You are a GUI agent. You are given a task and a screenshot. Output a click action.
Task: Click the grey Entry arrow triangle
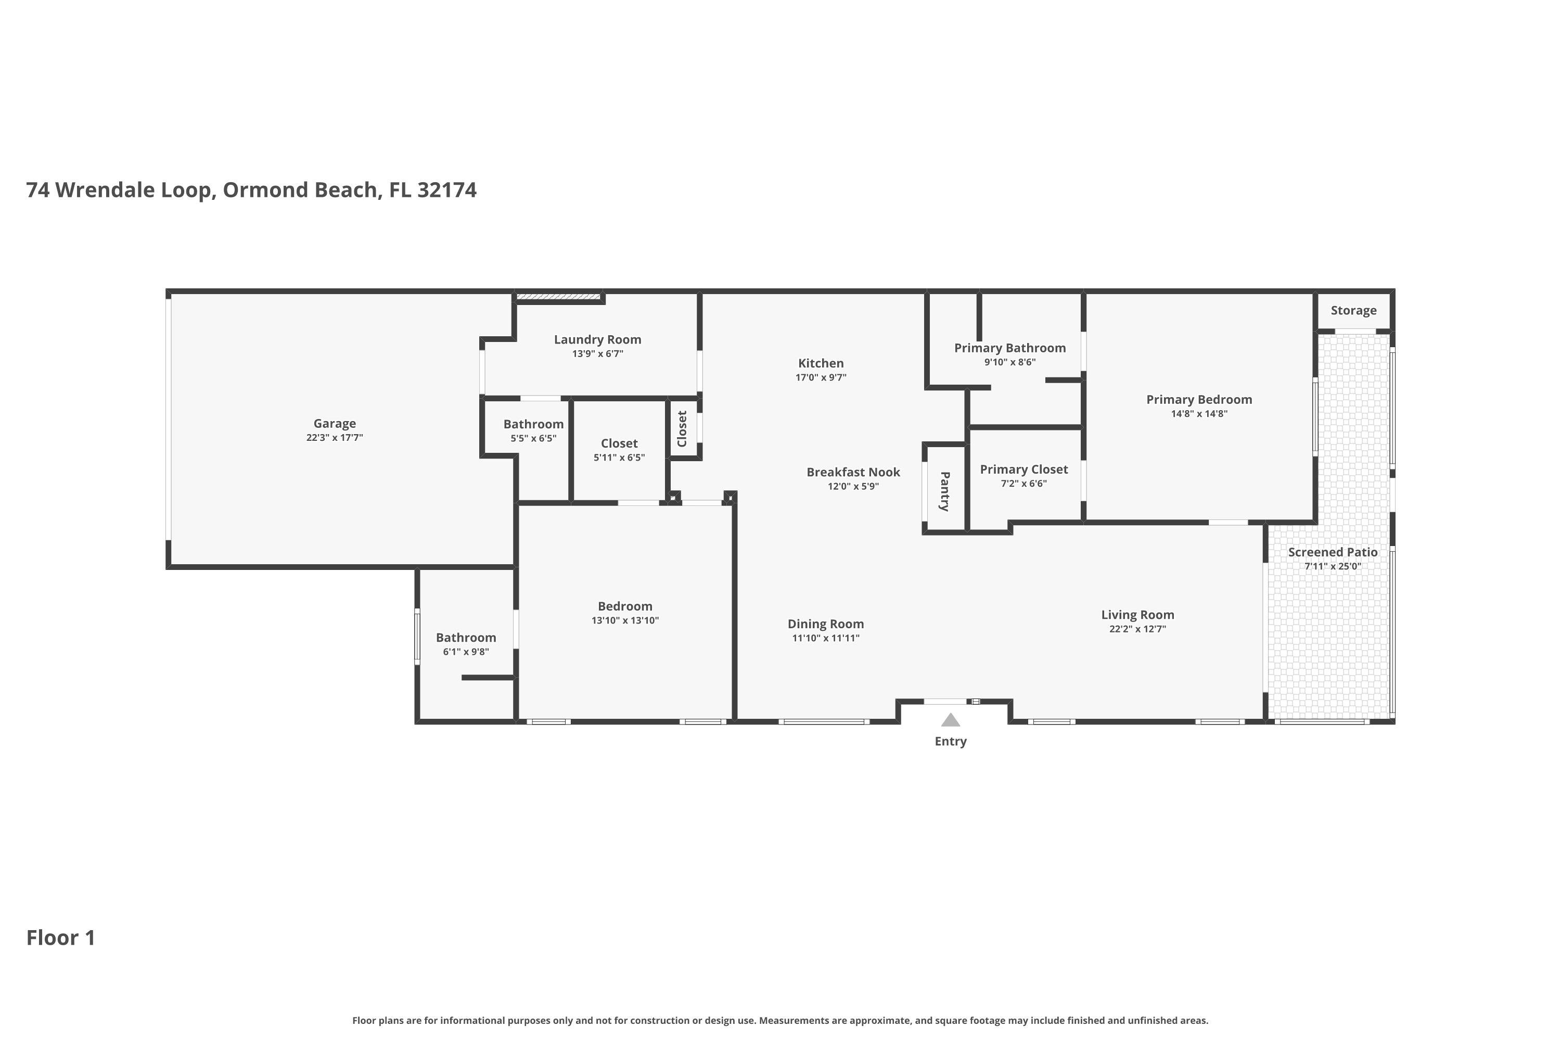pos(951,720)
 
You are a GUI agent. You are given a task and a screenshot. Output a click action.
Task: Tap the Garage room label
pos(335,424)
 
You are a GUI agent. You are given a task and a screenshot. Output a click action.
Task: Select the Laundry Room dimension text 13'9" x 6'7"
pos(597,354)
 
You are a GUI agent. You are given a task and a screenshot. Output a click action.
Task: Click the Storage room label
pos(1353,311)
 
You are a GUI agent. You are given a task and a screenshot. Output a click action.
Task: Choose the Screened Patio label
pos(1333,552)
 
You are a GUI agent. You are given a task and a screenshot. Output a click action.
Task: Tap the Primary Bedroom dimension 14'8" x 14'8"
pos(1199,414)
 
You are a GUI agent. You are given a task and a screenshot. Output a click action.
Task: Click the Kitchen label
pos(821,363)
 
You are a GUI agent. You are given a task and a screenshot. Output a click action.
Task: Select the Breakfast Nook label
pos(853,472)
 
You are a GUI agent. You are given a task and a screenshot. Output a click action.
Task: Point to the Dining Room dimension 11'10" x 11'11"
pos(826,638)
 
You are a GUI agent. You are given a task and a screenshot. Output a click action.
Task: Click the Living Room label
pos(1137,615)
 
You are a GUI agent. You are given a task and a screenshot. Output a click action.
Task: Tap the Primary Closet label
pos(1023,469)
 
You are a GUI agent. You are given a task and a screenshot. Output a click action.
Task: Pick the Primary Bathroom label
pos(1009,348)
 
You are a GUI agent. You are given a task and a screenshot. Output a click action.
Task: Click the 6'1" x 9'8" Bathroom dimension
pos(466,652)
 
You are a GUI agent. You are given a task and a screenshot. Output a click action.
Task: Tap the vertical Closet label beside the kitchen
pos(682,429)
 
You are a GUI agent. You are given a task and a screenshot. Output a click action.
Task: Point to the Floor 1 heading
pos(61,937)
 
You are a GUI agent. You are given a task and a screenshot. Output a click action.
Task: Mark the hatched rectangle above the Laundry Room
pos(559,296)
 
